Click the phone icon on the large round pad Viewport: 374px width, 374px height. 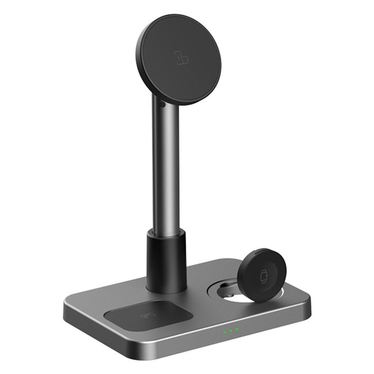180,55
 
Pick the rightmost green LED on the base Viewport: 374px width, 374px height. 236,329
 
